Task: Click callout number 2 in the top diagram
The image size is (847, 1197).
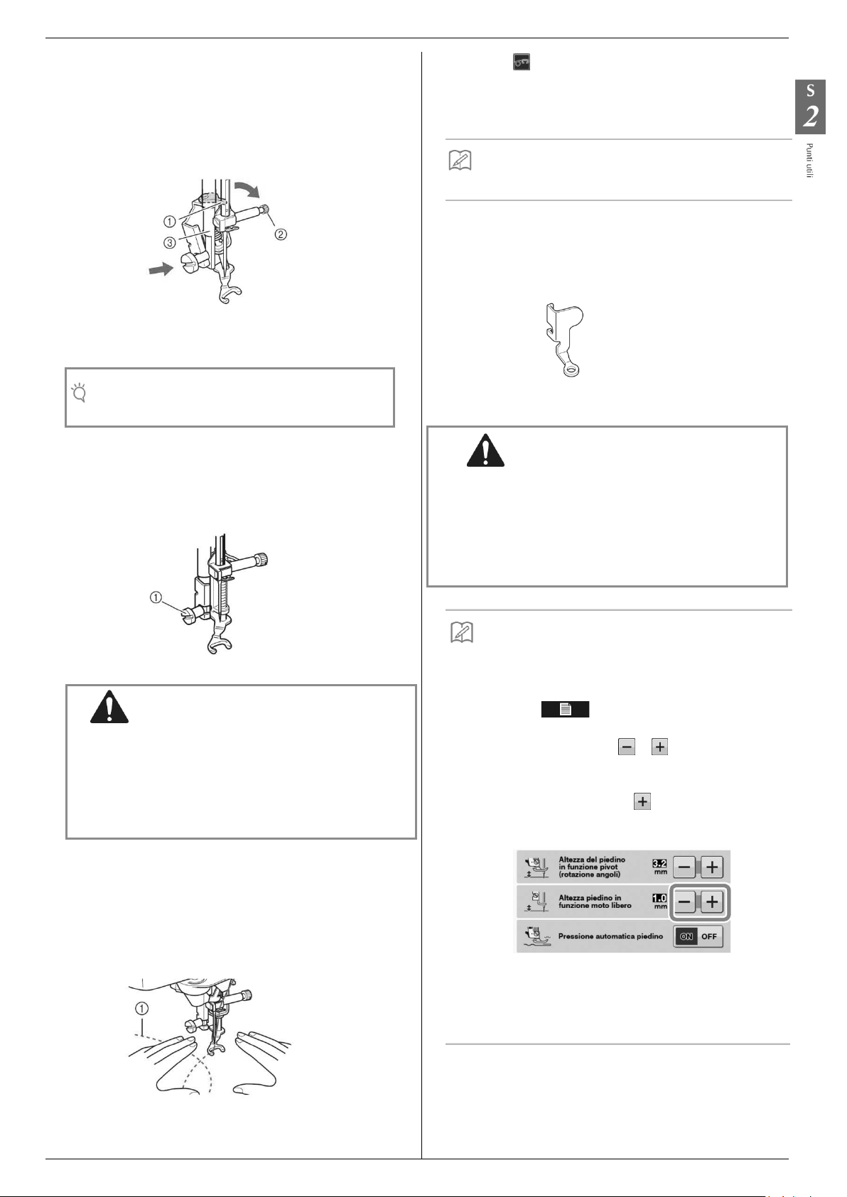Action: (281, 234)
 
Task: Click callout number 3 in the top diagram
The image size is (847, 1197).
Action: (170, 242)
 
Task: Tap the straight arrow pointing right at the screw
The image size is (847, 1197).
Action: (159, 269)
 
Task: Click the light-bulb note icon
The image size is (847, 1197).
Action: (80, 392)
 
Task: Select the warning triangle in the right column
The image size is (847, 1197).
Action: (485, 450)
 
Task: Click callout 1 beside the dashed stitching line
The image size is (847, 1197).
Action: (142, 1007)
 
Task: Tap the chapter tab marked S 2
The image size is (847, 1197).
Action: (809, 107)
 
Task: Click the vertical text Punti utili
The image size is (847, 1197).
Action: (810, 161)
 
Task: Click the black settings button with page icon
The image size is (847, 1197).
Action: (565, 709)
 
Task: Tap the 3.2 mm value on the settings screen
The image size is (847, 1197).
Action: (659, 864)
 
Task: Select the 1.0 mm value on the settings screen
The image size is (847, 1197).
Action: (659, 899)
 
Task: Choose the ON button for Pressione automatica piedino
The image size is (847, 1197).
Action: (686, 936)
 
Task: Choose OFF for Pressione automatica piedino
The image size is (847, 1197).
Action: (709, 936)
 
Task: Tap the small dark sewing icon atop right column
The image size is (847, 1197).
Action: (521, 63)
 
